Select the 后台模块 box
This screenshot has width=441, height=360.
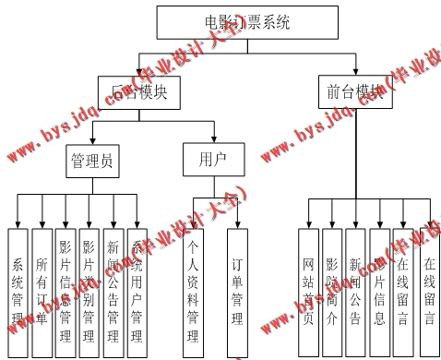pos(138,90)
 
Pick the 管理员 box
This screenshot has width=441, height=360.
pos(92,162)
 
